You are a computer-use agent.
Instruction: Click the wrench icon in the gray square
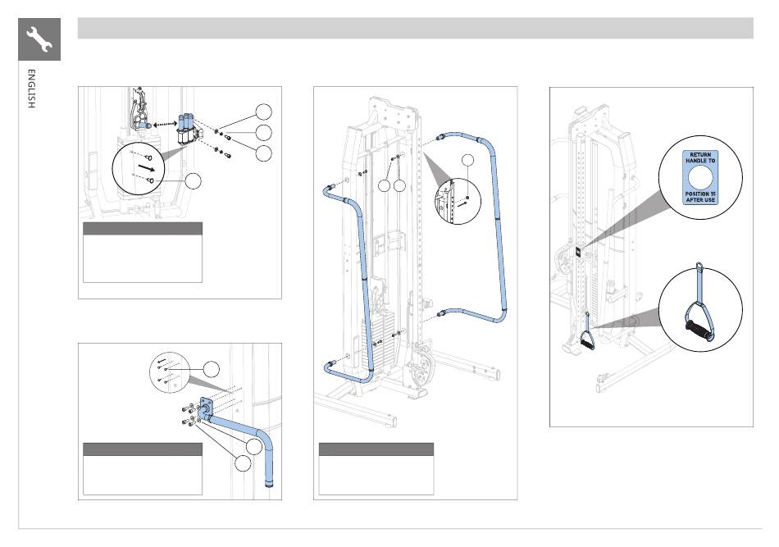point(39,39)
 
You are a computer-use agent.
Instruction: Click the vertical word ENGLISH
point(31,89)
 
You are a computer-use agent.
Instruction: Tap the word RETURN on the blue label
point(700,155)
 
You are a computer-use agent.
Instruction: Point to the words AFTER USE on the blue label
point(700,200)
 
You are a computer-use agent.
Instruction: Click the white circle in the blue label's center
point(700,177)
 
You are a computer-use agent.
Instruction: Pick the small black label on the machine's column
point(579,252)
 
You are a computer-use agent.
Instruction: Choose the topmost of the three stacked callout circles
point(264,112)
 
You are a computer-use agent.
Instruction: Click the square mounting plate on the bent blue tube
point(206,407)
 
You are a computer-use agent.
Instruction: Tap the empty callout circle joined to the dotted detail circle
point(212,369)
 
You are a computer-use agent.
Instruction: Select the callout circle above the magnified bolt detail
point(467,160)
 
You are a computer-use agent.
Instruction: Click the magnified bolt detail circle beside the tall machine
point(458,201)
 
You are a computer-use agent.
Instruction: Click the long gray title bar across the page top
point(416,29)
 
